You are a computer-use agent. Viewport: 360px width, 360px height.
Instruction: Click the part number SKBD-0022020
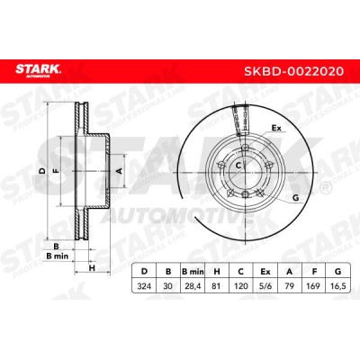293,71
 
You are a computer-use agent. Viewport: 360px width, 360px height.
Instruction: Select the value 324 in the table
144,286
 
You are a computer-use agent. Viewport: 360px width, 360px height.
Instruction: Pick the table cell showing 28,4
193,286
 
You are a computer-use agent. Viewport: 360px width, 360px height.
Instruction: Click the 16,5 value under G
337,286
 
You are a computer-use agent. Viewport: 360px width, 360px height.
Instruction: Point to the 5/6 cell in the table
265,286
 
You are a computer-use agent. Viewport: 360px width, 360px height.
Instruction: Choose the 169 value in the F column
313,286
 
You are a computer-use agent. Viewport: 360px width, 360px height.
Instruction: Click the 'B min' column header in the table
193,272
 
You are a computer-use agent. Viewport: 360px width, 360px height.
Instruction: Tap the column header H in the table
217,272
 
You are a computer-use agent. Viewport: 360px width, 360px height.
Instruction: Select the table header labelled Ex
265,272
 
